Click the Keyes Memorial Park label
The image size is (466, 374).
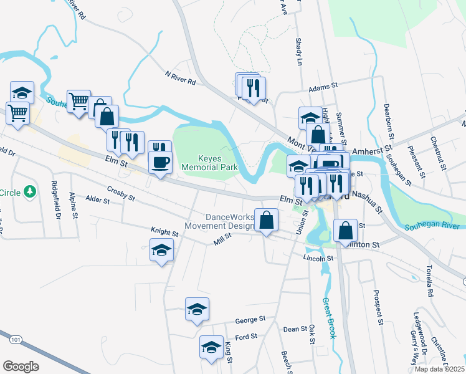[x=201, y=163]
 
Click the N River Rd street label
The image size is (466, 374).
[x=181, y=78]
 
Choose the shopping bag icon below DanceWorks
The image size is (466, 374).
[x=267, y=220]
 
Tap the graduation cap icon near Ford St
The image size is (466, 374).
[x=211, y=347]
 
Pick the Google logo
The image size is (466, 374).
[x=21, y=367]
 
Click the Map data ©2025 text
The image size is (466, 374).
[x=440, y=369]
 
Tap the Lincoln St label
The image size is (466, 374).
[x=315, y=257]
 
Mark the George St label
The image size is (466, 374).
[x=250, y=320]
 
